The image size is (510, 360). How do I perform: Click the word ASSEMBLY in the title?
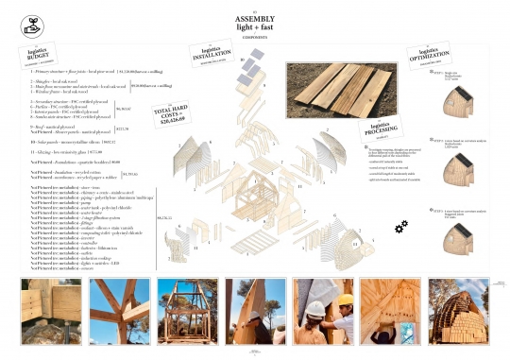[254, 18]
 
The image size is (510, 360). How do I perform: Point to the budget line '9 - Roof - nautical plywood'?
[66, 125]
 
